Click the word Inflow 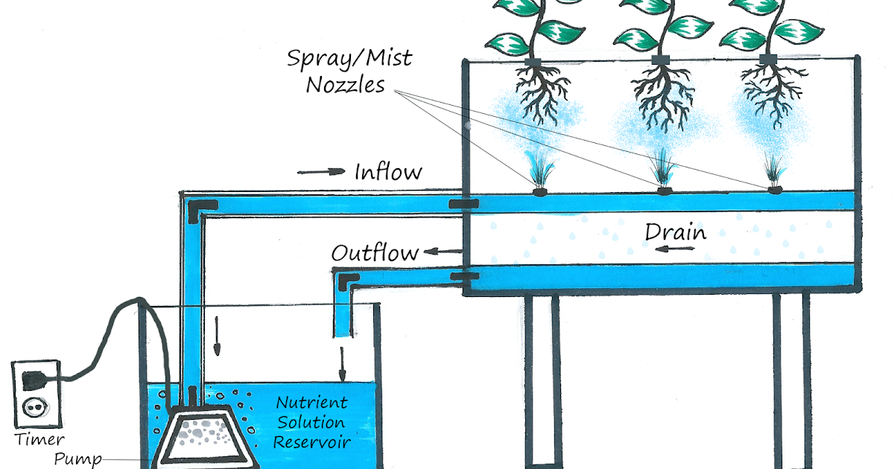pyautogui.click(x=388, y=173)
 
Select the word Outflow pyautogui.click(x=375, y=252)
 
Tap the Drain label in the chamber pyautogui.click(x=675, y=232)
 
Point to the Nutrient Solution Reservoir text pyautogui.click(x=311, y=422)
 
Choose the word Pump pyautogui.click(x=77, y=459)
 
